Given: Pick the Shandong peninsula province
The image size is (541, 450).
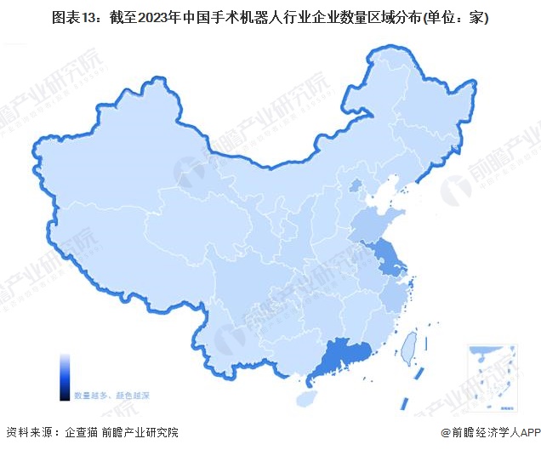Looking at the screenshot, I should click(374, 225).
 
